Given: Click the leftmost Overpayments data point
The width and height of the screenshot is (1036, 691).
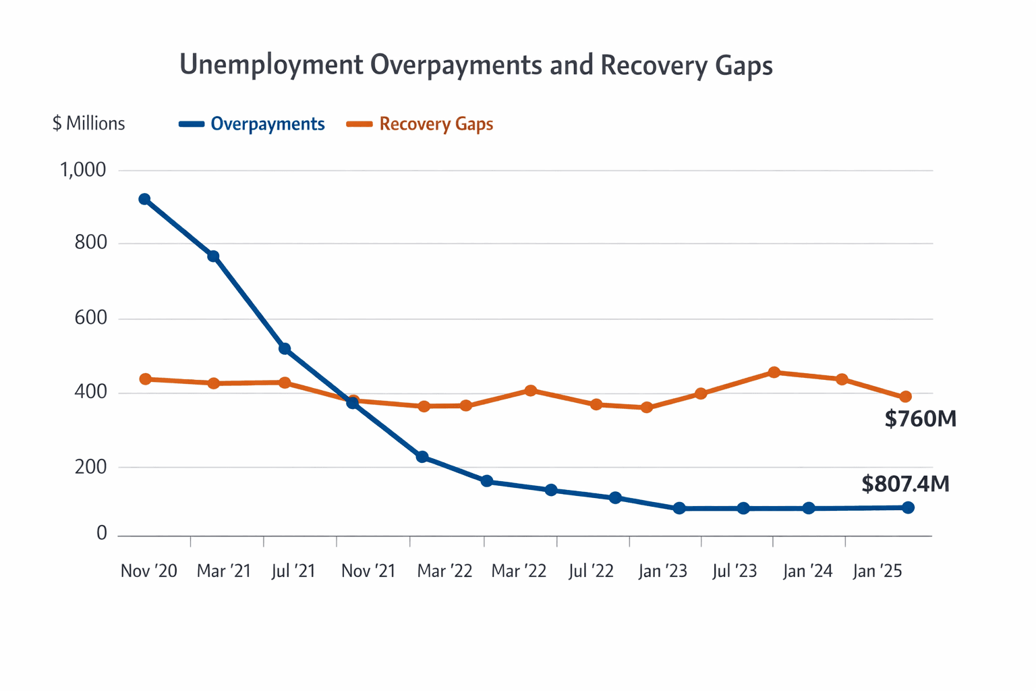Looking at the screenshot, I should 144,199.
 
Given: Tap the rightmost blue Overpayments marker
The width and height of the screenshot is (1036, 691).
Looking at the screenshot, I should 908,507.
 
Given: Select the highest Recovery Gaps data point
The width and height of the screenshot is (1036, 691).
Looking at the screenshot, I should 774,372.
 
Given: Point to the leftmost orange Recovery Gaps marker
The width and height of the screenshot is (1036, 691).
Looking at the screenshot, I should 145,379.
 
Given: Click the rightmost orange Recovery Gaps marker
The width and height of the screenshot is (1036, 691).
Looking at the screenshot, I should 906,397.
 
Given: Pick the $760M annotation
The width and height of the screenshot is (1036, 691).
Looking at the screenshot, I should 920,419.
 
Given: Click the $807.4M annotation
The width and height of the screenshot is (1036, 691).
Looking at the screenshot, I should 905,484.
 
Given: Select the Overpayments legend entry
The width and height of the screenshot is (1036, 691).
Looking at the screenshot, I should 267,124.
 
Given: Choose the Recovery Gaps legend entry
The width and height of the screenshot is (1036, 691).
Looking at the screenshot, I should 436,124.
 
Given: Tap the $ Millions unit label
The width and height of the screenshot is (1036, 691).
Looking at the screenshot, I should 88,123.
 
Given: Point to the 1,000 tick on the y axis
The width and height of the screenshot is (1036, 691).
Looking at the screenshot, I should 83,170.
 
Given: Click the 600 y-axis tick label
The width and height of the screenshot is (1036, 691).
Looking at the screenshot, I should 91,318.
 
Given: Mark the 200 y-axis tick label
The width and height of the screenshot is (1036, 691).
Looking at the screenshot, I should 91,466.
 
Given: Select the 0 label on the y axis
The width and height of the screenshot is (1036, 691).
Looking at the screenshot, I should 102,534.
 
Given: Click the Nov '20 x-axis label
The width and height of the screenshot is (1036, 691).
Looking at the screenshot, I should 148,571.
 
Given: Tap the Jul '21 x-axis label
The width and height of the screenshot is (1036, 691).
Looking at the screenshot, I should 293,571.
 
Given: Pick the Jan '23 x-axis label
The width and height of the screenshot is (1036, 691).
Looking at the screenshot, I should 662,571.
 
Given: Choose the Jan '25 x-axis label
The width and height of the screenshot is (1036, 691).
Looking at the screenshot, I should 877,571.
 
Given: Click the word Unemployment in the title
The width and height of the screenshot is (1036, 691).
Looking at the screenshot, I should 271,65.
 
